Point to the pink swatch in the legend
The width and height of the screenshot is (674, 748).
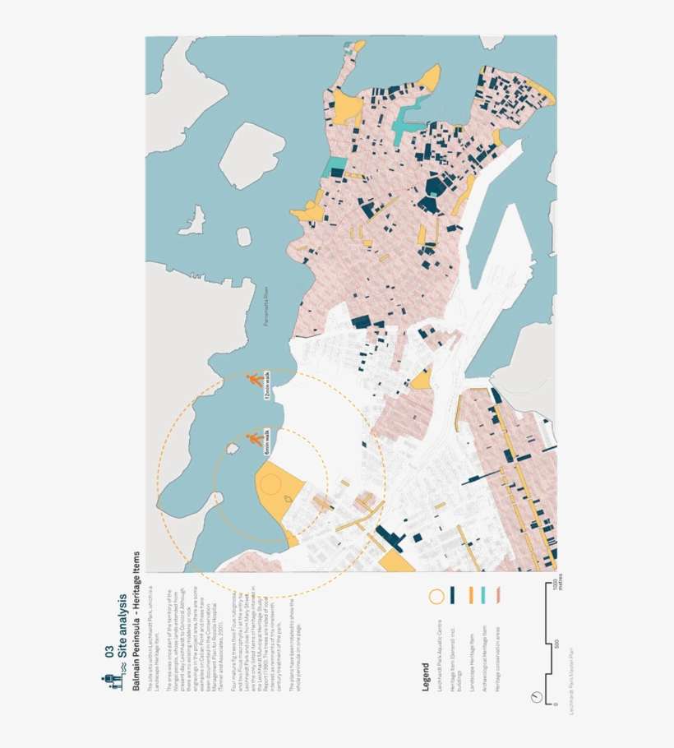(499, 594)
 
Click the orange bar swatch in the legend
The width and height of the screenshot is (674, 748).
(471, 594)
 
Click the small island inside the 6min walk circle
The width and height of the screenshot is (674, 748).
(233, 448)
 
